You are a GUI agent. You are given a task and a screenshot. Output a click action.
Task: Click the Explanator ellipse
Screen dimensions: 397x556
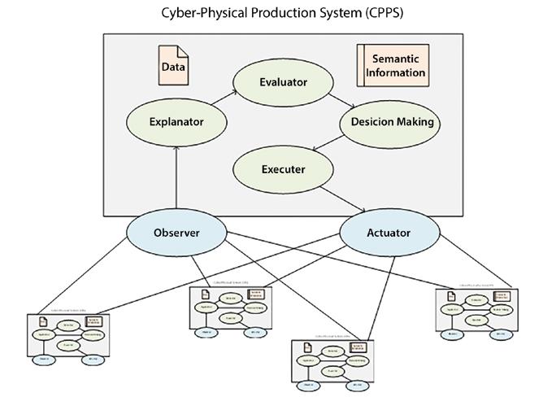pos(176,123)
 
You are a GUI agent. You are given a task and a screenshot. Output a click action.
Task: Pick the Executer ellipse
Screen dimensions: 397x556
pos(283,169)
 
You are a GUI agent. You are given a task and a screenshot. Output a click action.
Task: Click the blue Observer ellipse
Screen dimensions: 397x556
pos(176,233)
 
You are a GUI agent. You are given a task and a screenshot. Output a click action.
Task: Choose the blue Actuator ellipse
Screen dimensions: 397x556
pos(388,233)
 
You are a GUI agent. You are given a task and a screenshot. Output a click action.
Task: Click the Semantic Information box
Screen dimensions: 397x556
pos(392,66)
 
